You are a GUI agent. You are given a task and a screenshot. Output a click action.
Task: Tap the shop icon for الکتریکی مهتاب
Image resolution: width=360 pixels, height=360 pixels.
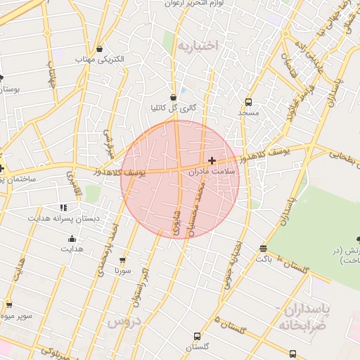coord(100,49)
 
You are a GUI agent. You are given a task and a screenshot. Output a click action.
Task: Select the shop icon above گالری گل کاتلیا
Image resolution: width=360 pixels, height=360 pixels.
coord(173,97)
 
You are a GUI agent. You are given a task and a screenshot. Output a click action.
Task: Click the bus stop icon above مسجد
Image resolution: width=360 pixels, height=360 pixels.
coord(248,101)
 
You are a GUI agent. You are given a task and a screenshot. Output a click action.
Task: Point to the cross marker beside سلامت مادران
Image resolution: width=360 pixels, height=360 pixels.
coord(212,160)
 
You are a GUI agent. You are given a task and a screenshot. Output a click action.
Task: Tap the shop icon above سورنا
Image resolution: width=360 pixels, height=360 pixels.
coord(123,259)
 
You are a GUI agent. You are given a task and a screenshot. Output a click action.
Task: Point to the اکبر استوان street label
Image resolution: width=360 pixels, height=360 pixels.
coord(139,287)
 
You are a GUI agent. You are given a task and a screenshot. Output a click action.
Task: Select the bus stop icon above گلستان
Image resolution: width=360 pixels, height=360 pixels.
coord(197,336)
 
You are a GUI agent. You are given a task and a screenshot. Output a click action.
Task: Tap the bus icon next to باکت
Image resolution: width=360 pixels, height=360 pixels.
coord(263,248)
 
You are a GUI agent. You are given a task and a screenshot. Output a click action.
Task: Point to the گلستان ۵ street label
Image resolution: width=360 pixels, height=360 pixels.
coord(229,327)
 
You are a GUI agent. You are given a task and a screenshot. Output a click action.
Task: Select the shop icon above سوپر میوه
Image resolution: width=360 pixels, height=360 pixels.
coord(9,305)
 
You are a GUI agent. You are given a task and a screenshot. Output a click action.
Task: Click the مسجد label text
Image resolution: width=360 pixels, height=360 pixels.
coord(248,112)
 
